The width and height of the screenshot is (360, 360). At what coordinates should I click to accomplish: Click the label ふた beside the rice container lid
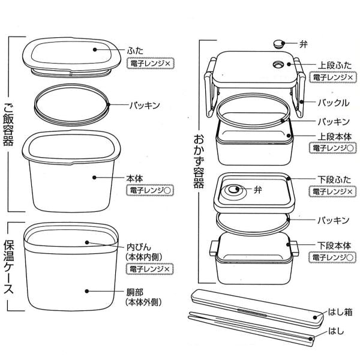[x=135, y=51]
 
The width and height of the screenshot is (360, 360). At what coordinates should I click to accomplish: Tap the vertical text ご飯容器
[x=9, y=120]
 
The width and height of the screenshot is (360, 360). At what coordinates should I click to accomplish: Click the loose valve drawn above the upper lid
[x=278, y=43]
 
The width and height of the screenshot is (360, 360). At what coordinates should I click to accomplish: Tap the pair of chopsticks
[x=252, y=326]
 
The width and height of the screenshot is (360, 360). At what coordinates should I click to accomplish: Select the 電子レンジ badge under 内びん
[x=149, y=269]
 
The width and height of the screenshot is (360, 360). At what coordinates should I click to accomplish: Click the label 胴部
[x=135, y=292]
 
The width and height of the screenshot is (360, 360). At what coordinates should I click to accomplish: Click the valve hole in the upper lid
[x=278, y=65]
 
